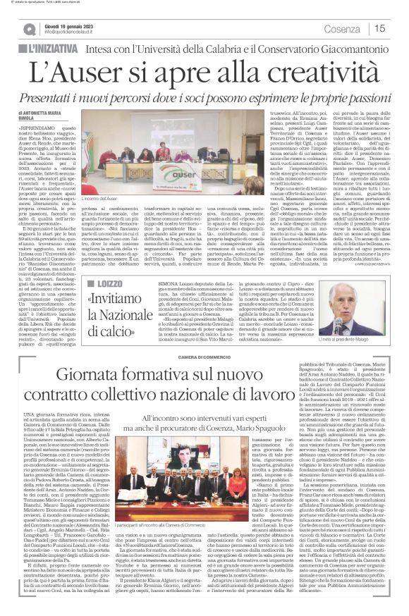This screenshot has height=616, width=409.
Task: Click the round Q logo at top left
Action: coord(28,28)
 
